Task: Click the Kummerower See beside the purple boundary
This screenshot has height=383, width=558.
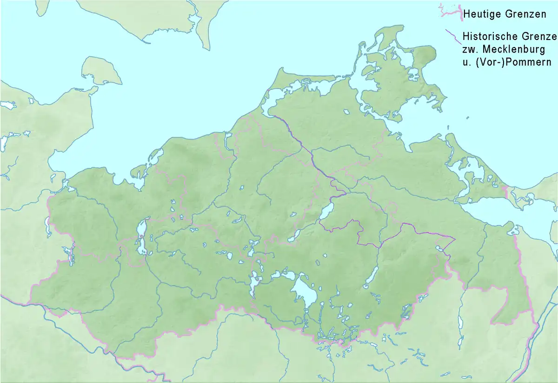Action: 327,211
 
